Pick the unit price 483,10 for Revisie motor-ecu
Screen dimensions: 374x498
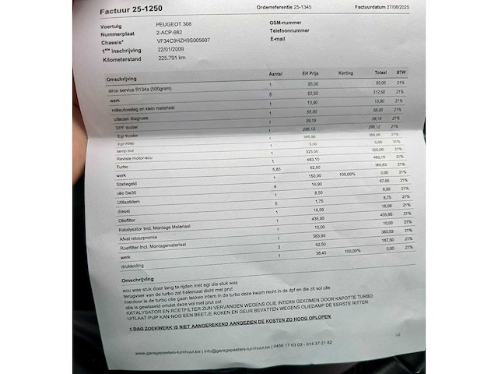(314, 158)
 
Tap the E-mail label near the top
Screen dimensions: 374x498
(278, 38)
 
